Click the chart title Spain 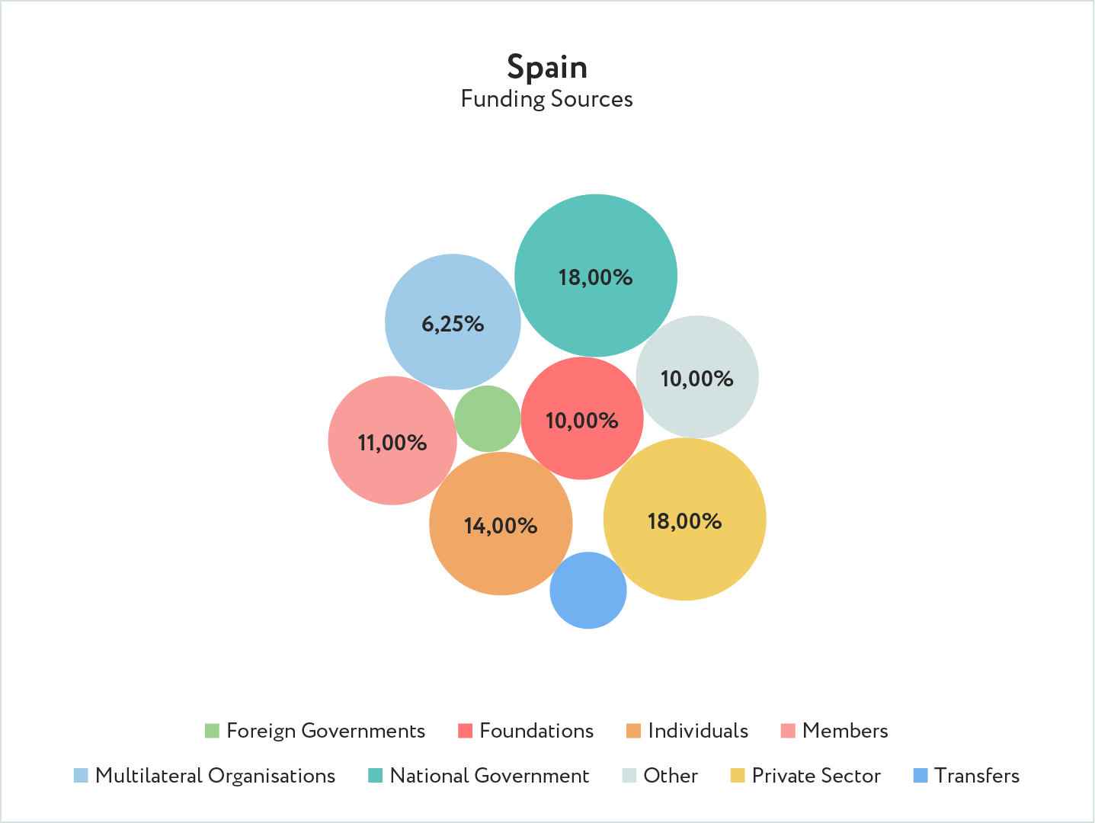tap(547, 67)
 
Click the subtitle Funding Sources tap(547, 99)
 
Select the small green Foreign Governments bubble tap(488, 418)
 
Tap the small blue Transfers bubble tap(588, 590)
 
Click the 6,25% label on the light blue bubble tap(453, 324)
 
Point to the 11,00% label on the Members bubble tap(392, 443)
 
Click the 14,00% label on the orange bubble tap(501, 526)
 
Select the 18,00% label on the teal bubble tap(595, 277)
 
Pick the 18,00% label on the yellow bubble tap(684, 521)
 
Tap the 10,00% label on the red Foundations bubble tap(582, 421)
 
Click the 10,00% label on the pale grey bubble tap(696, 379)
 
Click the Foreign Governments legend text tap(325, 731)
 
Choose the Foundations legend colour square tap(465, 731)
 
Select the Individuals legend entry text tap(698, 731)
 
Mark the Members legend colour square tap(788, 731)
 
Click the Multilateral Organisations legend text tap(215, 776)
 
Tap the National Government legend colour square tap(375, 776)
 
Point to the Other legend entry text tap(671, 776)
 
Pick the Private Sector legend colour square tap(737, 776)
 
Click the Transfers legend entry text tap(977, 776)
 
